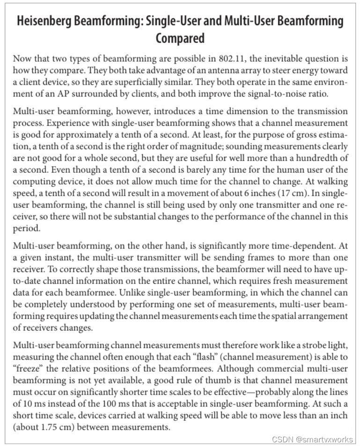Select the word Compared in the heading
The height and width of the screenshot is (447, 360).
coord(180,38)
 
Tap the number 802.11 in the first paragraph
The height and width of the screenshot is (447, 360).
coord(232,59)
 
